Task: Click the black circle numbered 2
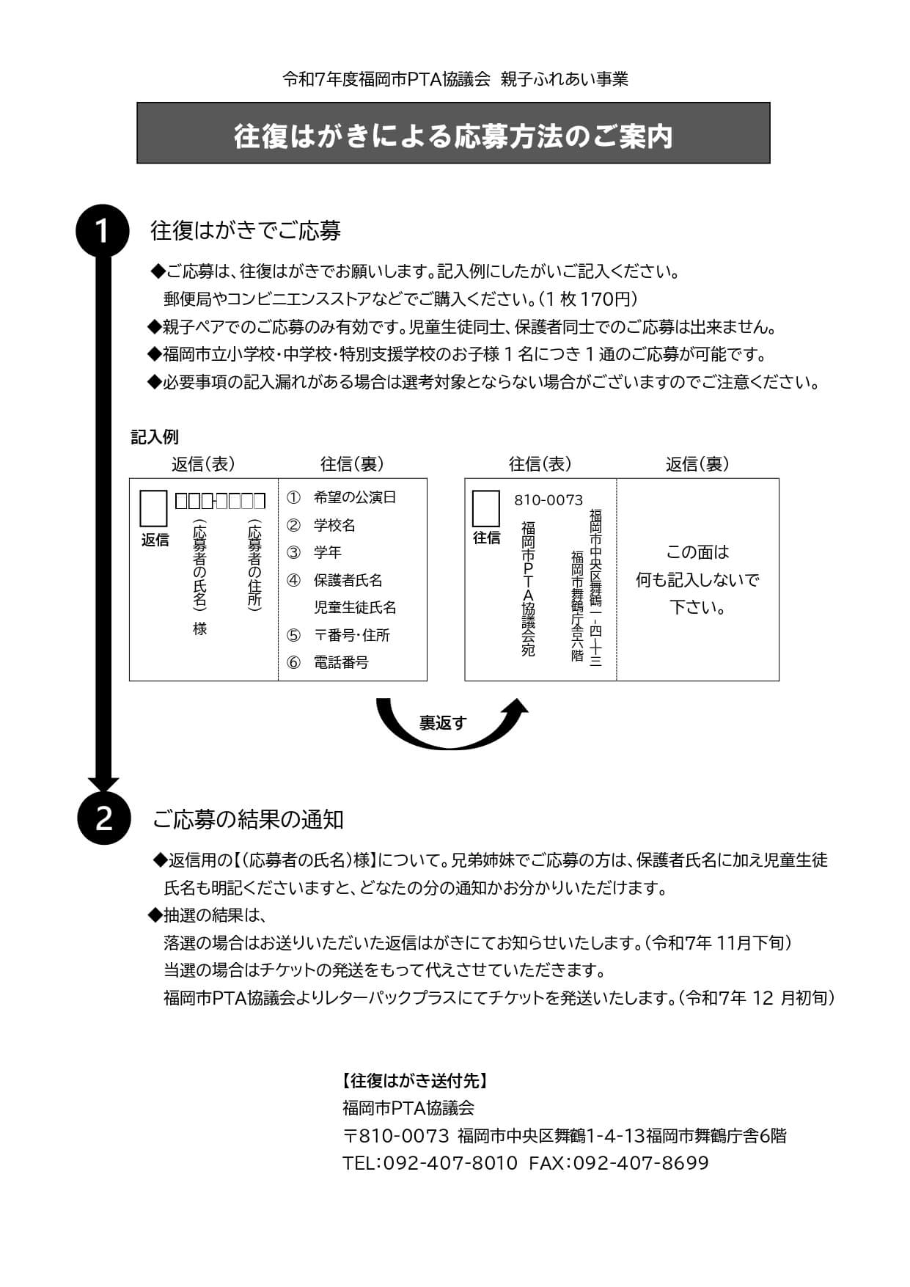(103, 818)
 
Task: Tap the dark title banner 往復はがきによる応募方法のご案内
(453, 133)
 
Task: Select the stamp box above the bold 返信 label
(154, 508)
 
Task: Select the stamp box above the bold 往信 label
(486, 508)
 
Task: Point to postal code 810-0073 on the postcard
(548, 500)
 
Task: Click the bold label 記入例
(155, 437)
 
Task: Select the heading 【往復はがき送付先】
(414, 1080)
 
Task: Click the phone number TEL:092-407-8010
(430, 1163)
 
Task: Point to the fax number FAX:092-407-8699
(619, 1163)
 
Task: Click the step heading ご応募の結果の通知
(248, 819)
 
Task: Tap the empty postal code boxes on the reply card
(220, 502)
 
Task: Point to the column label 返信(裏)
(697, 464)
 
